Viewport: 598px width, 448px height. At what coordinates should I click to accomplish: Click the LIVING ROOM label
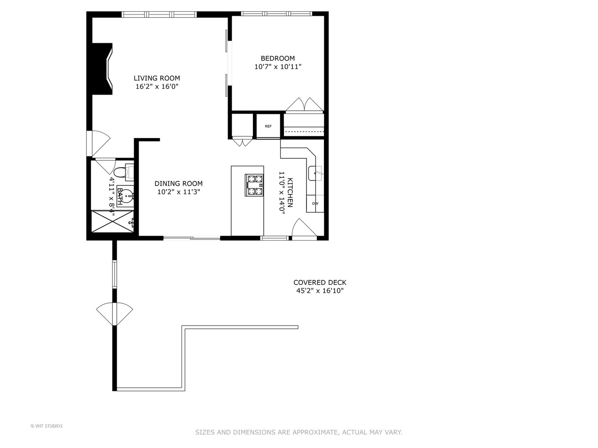(x=157, y=78)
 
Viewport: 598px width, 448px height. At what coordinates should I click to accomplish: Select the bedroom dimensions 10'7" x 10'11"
(x=277, y=66)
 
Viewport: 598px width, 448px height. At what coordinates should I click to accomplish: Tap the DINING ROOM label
(x=179, y=183)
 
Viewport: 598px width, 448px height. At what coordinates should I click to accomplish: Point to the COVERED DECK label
(x=320, y=282)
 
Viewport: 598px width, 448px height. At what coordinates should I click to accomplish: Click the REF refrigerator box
(x=268, y=126)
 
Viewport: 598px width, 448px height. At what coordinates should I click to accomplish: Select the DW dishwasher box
(x=315, y=204)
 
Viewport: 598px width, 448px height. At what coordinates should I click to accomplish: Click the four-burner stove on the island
(x=255, y=185)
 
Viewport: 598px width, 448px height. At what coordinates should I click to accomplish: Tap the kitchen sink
(x=315, y=173)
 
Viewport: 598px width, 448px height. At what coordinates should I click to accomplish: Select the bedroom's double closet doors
(x=304, y=105)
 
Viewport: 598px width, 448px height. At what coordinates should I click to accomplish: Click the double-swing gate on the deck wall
(x=114, y=314)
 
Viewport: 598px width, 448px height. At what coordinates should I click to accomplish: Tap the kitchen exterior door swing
(x=303, y=229)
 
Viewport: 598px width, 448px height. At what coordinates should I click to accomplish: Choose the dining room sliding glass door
(x=191, y=238)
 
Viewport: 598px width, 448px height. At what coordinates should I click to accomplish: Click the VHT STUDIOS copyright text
(x=47, y=426)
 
